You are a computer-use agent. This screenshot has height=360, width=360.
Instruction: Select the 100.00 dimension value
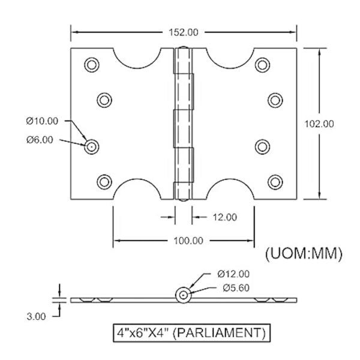click(x=184, y=241)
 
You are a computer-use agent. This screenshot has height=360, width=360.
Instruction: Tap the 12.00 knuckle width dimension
click(x=223, y=217)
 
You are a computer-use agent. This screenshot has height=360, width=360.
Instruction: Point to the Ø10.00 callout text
click(x=43, y=121)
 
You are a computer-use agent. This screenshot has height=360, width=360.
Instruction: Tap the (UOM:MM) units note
click(x=304, y=254)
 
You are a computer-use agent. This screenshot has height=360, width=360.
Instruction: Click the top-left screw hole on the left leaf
click(x=91, y=64)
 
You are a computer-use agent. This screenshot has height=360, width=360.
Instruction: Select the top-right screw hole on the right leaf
click(x=262, y=64)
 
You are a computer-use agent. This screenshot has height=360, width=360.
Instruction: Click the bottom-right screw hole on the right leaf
click(x=275, y=181)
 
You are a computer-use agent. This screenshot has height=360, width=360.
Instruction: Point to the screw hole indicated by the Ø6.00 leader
click(x=91, y=146)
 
